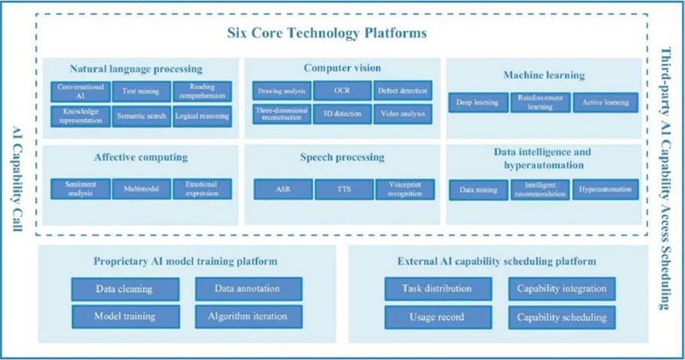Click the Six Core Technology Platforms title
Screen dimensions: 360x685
click(327, 33)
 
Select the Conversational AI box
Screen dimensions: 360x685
click(81, 92)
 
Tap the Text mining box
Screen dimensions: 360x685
click(140, 92)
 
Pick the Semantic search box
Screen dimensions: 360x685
click(140, 116)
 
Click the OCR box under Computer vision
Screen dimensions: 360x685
click(342, 91)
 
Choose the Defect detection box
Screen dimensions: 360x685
click(403, 91)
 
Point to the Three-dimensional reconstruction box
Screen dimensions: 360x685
click(281, 114)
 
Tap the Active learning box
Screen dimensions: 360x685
click(605, 102)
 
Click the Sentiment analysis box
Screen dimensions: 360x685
click(81, 189)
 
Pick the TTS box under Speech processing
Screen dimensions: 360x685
click(342, 190)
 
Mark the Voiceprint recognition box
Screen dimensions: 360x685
click(403, 190)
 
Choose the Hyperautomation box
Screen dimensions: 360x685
click(605, 190)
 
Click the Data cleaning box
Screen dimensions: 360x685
click(125, 289)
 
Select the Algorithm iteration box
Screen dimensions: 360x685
click(247, 315)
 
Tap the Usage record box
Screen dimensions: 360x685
click(438, 315)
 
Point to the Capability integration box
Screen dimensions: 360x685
click(562, 289)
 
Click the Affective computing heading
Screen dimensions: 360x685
click(140, 158)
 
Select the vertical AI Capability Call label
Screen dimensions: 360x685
click(15, 179)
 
